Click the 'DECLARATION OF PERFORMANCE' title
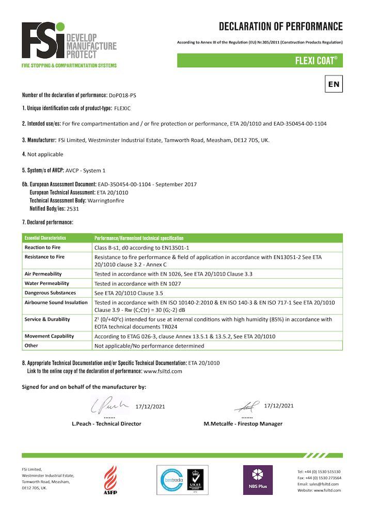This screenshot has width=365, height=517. [x=280, y=26]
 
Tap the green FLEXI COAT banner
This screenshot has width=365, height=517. [x=260, y=60]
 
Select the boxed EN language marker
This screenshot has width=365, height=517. [x=334, y=83]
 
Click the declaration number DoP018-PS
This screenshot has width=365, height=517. [x=123, y=96]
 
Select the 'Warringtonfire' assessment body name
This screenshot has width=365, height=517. [x=106, y=201]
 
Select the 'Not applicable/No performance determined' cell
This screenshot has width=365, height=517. [x=149, y=346]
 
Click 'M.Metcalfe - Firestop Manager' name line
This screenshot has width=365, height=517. [x=243, y=424]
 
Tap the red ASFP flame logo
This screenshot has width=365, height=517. [x=110, y=479]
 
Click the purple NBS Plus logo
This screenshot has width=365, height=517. [x=258, y=480]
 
